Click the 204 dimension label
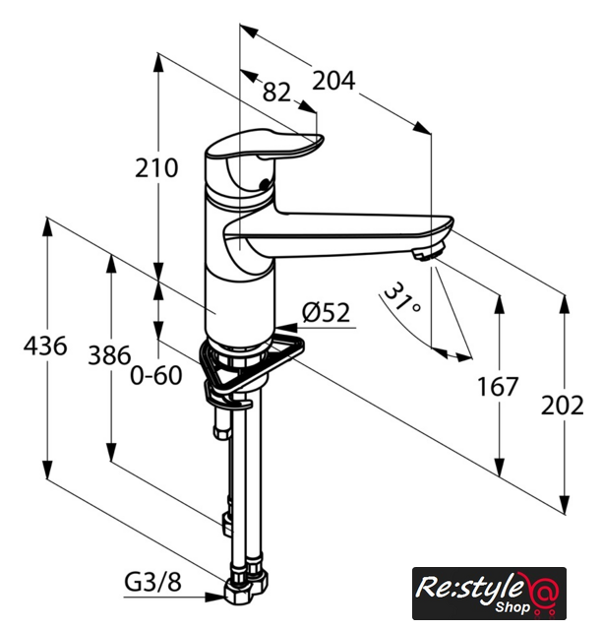click(333, 81)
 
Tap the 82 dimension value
click(276, 92)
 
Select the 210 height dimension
click(156, 168)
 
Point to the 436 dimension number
click(45, 346)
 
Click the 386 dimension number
click(109, 355)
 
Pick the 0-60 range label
click(156, 376)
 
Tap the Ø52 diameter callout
click(326, 313)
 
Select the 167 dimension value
click(498, 387)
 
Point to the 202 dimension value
click(562, 406)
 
